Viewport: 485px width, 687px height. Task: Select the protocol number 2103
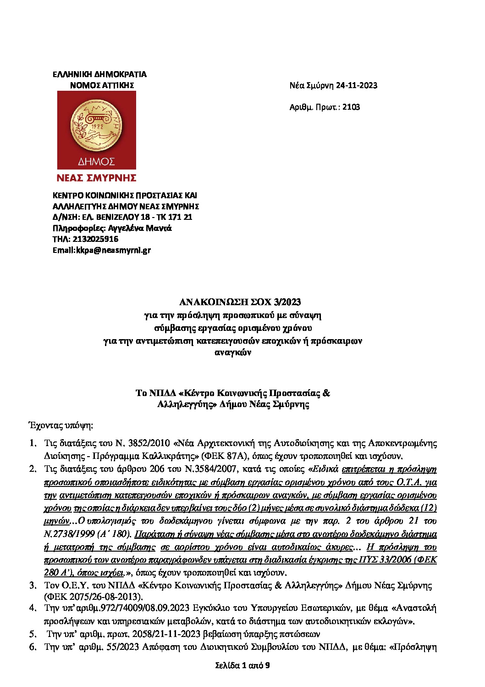[351, 107]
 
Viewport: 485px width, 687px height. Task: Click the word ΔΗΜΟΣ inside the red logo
[96, 162]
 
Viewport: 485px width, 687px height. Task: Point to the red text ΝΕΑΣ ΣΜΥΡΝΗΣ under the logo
[96, 178]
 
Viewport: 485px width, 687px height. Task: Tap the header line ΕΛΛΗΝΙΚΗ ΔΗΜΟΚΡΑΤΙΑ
[99, 74]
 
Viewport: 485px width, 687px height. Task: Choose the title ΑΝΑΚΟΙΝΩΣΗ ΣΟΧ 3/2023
[240, 302]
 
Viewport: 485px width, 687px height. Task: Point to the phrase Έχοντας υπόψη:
[61, 425]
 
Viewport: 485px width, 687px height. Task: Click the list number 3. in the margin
[33, 586]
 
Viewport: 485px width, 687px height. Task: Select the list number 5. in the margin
[33, 634]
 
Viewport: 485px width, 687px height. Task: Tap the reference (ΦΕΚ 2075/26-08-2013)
[94, 597]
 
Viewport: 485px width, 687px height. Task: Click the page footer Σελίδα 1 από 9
[242, 665]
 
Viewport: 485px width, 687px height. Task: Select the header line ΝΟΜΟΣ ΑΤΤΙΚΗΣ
[102, 85]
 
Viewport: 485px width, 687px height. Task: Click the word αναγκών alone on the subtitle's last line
[233, 353]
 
